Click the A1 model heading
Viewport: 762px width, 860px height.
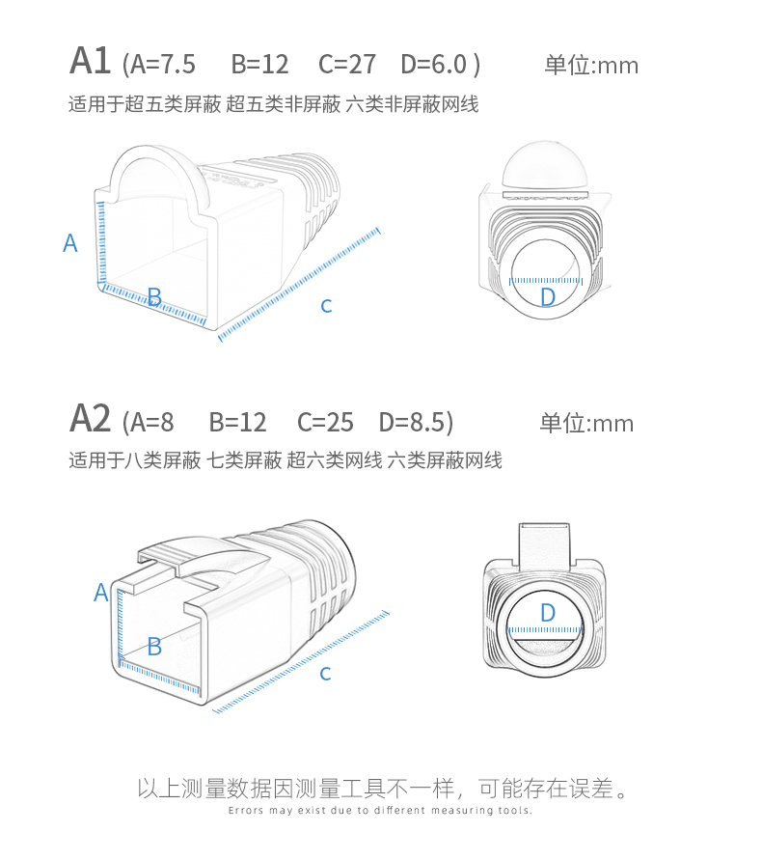[x=90, y=61]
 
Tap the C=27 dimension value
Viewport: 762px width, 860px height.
[x=347, y=64]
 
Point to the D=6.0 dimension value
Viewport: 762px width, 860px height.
[x=434, y=64]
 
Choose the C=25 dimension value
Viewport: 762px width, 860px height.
[x=325, y=423]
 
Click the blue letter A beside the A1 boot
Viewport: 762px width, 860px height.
[x=70, y=243]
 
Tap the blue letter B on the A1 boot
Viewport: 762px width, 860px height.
[x=154, y=296]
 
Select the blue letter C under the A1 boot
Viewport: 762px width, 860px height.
[x=326, y=306]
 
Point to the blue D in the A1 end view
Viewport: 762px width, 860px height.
[x=548, y=296]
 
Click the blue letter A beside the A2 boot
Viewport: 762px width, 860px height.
[x=101, y=593]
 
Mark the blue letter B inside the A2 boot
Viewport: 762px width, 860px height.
[x=154, y=647]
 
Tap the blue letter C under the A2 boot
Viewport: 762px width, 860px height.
[x=325, y=674]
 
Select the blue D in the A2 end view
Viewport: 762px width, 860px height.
[x=548, y=613]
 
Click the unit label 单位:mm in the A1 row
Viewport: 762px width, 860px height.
[x=591, y=66]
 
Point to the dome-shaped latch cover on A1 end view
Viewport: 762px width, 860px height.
[x=544, y=164]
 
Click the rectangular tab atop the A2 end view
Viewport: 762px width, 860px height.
[x=544, y=544]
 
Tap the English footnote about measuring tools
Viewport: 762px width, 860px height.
[x=380, y=810]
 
